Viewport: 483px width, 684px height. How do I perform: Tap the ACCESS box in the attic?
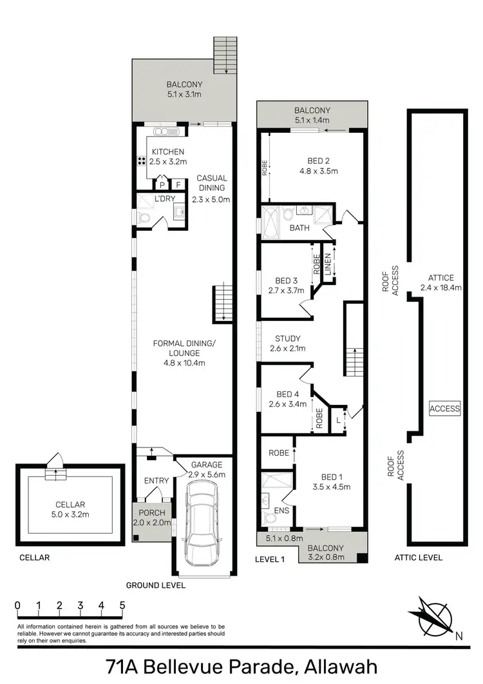tap(445, 408)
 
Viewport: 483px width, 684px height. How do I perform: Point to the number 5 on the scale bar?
tap(122, 605)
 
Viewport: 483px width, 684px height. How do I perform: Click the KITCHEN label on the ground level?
tap(168, 157)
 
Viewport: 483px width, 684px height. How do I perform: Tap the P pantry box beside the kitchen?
tap(163, 184)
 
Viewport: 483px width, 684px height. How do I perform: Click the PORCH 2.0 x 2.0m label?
tap(149, 518)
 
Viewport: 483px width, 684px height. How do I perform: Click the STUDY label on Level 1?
tap(288, 344)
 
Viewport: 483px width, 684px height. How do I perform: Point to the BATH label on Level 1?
tap(299, 228)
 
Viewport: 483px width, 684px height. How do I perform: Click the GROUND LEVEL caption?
tap(155, 585)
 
